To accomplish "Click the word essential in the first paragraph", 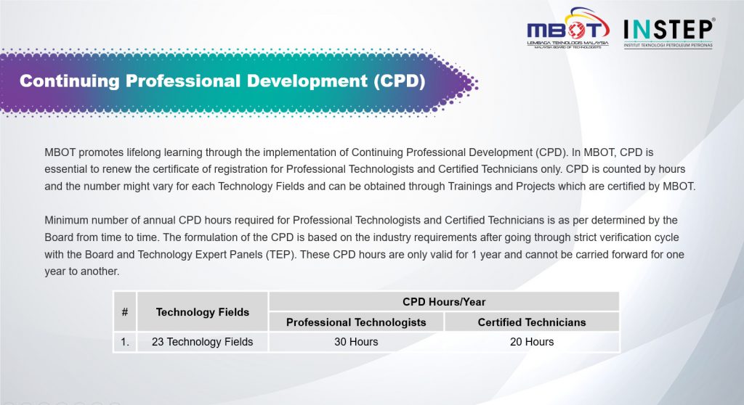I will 68,169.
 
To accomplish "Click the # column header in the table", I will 125,312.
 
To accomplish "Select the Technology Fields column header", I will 203,312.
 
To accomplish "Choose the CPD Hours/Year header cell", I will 444,302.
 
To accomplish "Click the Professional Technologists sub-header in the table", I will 356,322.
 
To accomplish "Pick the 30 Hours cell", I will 356,342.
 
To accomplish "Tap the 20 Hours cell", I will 532,342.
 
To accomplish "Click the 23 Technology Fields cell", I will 203,342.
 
